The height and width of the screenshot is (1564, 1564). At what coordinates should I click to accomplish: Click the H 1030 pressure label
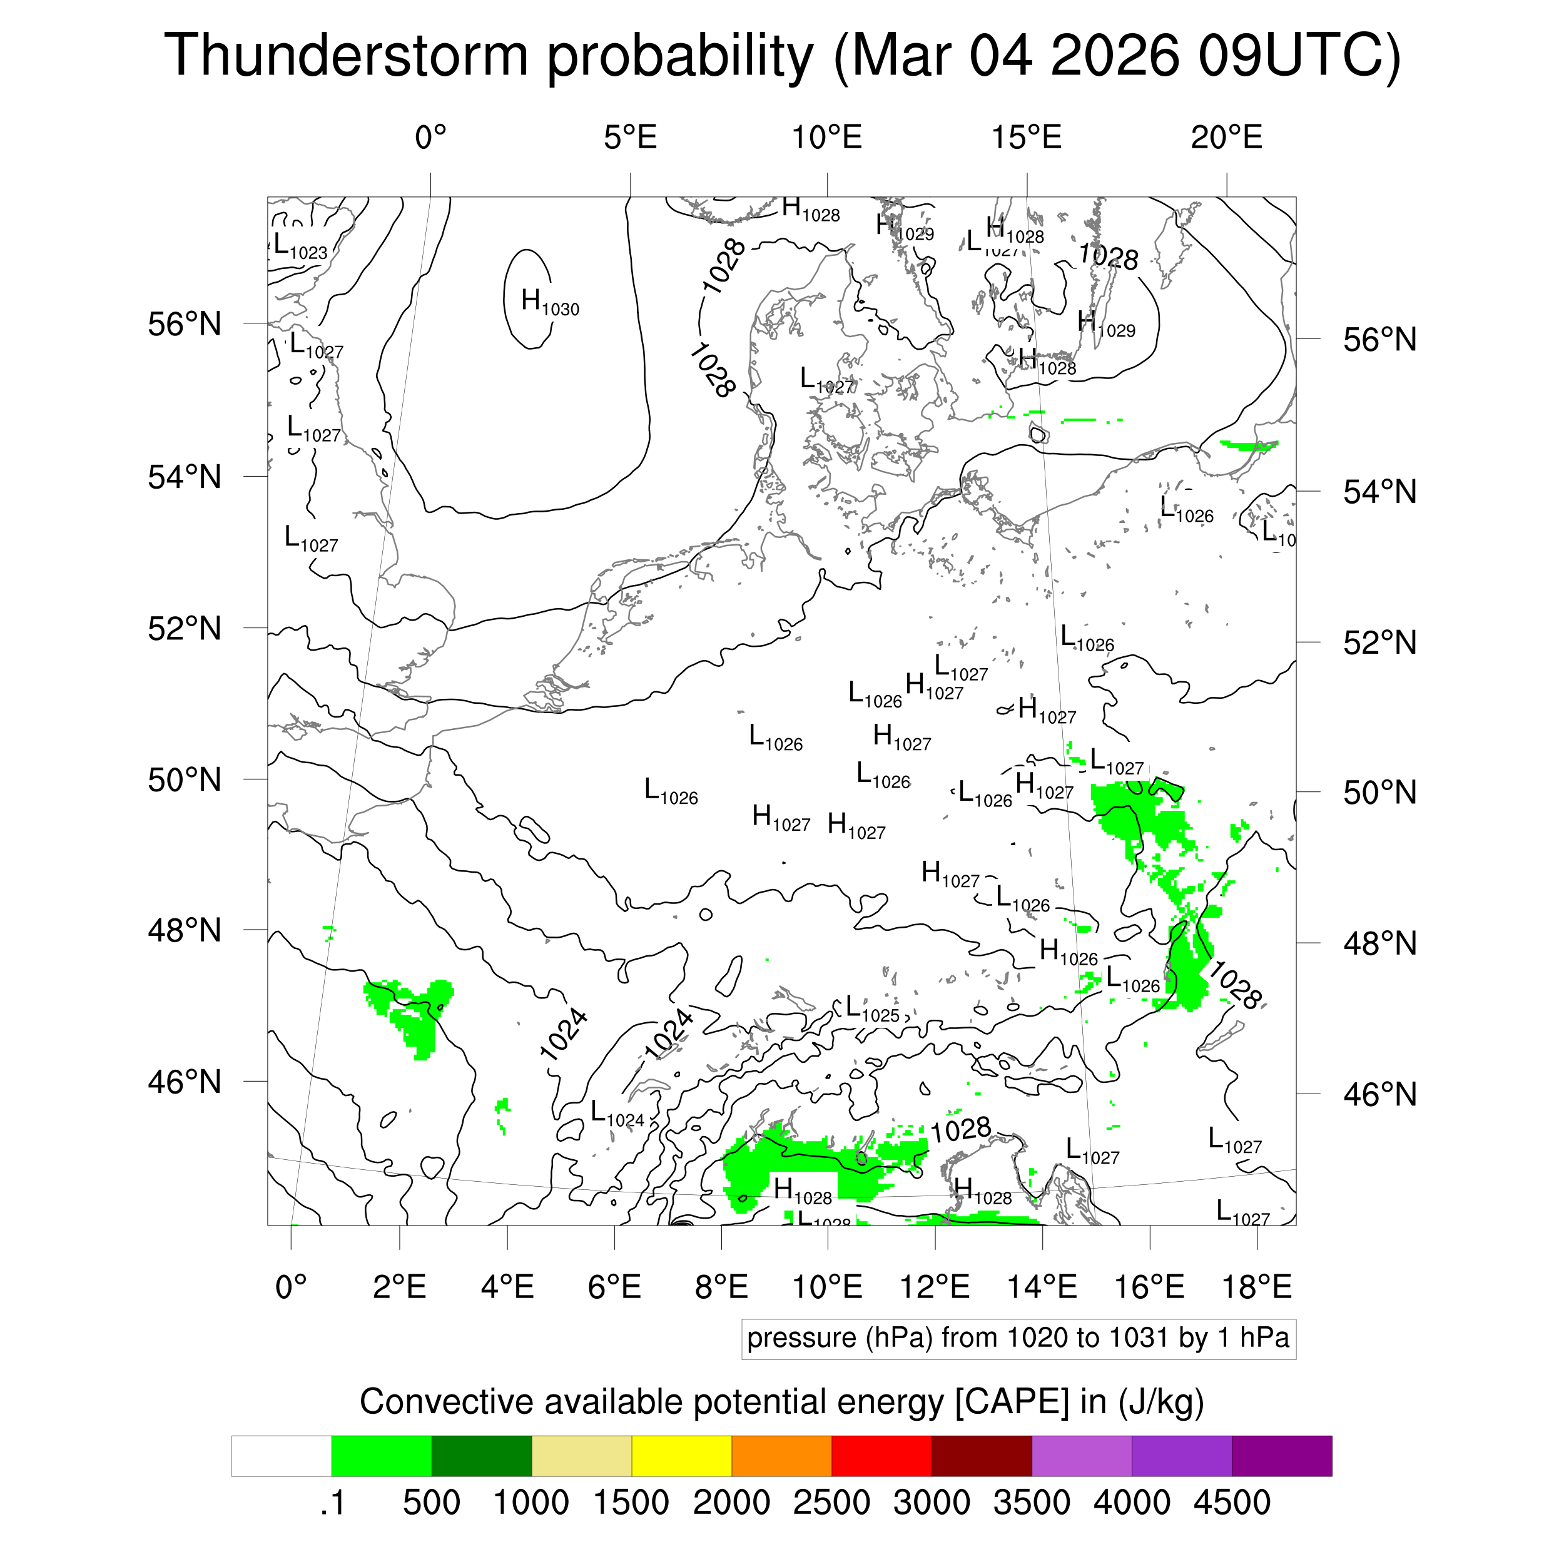click(550, 303)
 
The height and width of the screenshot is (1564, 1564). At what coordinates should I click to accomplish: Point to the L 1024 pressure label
click(617, 1114)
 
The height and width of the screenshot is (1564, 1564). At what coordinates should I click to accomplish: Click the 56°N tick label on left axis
click(185, 324)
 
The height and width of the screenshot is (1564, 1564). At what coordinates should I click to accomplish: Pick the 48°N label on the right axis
click(1379, 943)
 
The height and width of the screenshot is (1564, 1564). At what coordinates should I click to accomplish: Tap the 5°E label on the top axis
click(630, 138)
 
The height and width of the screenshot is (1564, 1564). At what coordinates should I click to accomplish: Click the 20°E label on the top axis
click(1226, 138)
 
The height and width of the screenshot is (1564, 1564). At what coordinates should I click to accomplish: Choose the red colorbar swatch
click(881, 1456)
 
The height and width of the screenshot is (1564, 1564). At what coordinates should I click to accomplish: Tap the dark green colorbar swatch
click(481, 1456)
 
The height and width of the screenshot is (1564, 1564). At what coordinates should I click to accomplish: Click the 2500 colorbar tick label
click(831, 1503)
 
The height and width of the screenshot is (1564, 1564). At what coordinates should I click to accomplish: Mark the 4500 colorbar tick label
click(1231, 1503)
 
